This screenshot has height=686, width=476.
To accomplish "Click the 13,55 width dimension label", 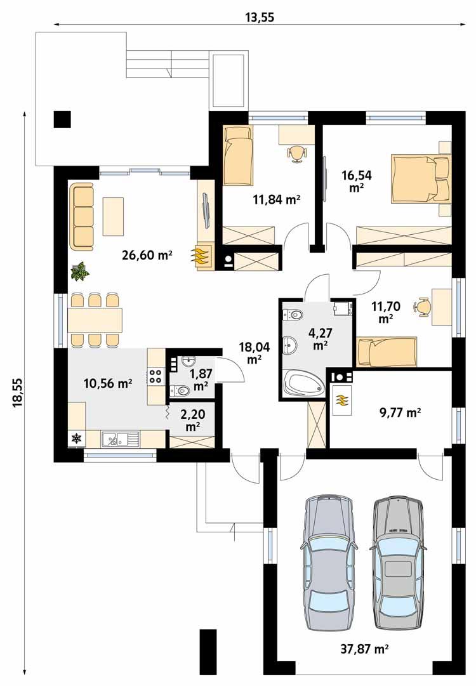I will point(260,17).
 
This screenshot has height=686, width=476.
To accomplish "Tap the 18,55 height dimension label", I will point(17,394).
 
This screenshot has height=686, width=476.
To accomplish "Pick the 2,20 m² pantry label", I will point(193,421).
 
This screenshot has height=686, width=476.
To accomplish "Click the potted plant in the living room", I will point(80,272).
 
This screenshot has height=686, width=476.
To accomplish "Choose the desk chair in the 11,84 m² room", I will point(296,153).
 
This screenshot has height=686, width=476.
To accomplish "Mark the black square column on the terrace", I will point(62,119).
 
